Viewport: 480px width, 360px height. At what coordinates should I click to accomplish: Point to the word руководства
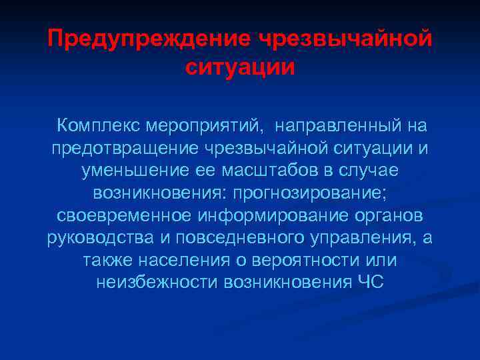pyautogui.click(x=91, y=238)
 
